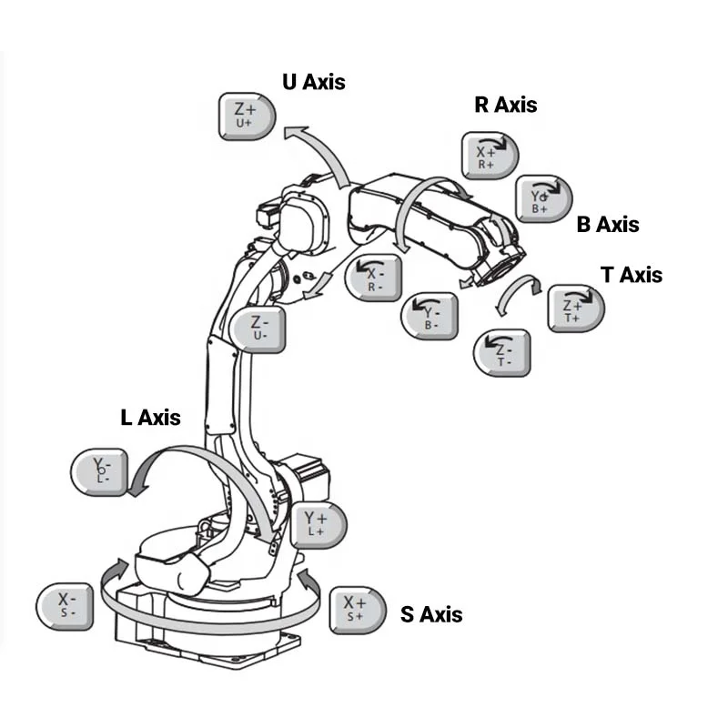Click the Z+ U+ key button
pyautogui.click(x=247, y=116)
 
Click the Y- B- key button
pyautogui.click(x=430, y=314)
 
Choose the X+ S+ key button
pyautogui.click(x=355, y=608)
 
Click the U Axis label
pyautogui.click(x=314, y=82)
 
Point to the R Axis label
pyautogui.click(x=506, y=105)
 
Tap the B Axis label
pyautogui.click(x=608, y=224)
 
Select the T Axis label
pyautogui.click(x=632, y=274)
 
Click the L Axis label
pyautogui.click(x=151, y=418)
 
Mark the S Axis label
pyautogui.click(x=431, y=614)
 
